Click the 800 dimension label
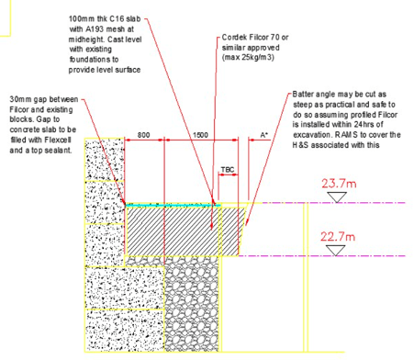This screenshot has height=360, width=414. click(x=143, y=135)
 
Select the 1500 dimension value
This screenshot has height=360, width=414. click(x=200, y=135)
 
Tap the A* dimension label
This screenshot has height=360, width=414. click(x=264, y=135)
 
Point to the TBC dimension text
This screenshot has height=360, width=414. click(x=228, y=170)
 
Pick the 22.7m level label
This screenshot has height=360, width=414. click(x=338, y=237)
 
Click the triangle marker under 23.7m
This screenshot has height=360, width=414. click(x=337, y=197)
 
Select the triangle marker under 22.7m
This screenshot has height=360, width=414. click(x=335, y=251)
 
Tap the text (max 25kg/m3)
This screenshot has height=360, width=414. click(x=248, y=57)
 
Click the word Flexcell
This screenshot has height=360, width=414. click(x=58, y=140)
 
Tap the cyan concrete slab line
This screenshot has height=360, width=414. click(x=173, y=205)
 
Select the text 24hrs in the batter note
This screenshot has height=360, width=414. click(x=364, y=125)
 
